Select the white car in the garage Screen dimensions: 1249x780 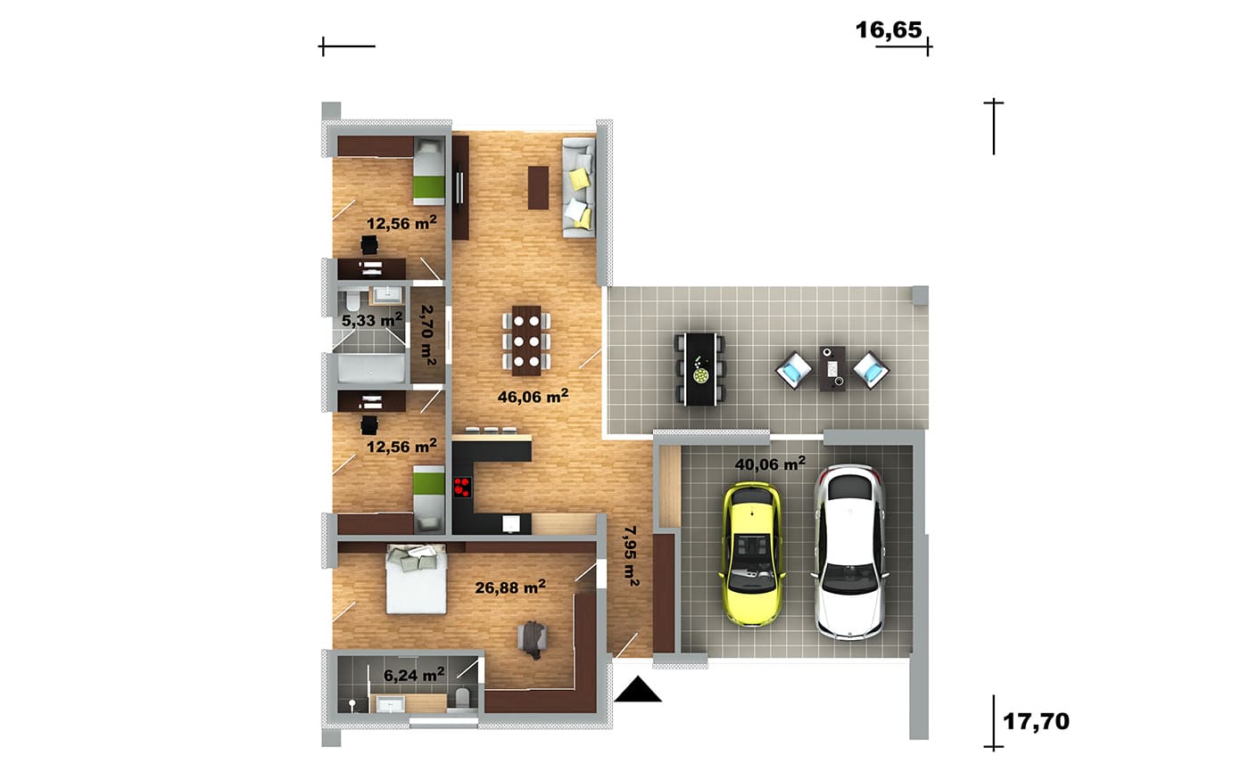(x=848, y=552)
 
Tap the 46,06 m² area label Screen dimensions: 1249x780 (x=534, y=396)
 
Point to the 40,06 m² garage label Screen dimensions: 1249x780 (x=770, y=463)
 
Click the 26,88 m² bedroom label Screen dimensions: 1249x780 (x=510, y=587)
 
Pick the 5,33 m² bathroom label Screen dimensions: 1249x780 (x=372, y=319)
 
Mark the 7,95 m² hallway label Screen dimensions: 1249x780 (x=632, y=555)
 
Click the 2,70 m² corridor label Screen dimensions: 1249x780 (x=427, y=335)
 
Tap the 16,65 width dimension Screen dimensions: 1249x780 (x=889, y=30)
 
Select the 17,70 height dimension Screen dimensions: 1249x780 (x=1036, y=721)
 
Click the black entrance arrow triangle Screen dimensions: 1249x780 (x=638, y=690)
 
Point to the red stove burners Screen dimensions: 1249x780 (x=462, y=487)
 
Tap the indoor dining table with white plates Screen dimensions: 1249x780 (x=526, y=340)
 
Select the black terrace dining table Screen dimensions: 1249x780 (x=699, y=369)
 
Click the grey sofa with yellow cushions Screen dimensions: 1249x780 (x=579, y=188)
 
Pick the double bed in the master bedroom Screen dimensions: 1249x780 (x=416, y=579)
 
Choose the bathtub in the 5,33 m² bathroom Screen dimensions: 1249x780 (x=371, y=368)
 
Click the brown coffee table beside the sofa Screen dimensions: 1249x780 (x=538, y=188)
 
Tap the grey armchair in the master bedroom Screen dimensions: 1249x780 (x=533, y=638)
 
